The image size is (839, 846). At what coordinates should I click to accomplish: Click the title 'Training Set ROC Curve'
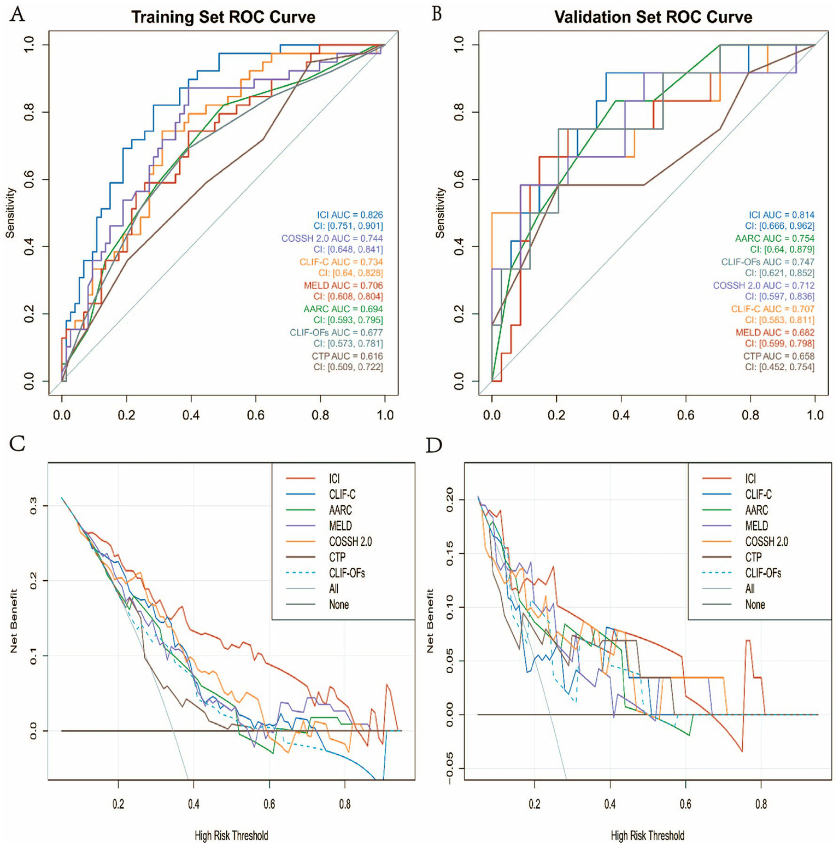(223, 17)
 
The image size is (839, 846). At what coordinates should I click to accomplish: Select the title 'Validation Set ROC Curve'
(653, 17)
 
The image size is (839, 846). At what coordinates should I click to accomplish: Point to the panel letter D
(433, 446)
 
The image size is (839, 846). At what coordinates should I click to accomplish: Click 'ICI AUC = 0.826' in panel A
(350, 215)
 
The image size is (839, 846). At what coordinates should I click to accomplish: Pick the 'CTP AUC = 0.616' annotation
(348, 356)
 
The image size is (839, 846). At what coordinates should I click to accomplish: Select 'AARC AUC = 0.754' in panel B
(775, 238)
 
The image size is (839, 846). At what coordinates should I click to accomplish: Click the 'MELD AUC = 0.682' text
(775, 332)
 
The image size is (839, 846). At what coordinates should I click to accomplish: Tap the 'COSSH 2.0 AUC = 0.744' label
(332, 238)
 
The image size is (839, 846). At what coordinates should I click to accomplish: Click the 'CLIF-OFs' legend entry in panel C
(347, 573)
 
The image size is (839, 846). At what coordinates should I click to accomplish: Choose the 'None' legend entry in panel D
(755, 605)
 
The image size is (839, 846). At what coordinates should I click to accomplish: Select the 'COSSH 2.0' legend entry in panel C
(350, 541)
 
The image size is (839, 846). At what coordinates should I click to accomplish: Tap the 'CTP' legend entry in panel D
(753, 557)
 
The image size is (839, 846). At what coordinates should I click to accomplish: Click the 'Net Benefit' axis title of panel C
(14, 621)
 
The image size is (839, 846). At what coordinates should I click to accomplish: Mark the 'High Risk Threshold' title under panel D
(647, 836)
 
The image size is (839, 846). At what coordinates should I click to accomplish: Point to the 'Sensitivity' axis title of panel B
(440, 213)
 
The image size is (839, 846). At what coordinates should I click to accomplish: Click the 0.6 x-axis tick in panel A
(255, 415)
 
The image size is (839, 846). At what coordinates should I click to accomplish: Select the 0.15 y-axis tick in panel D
(449, 554)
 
